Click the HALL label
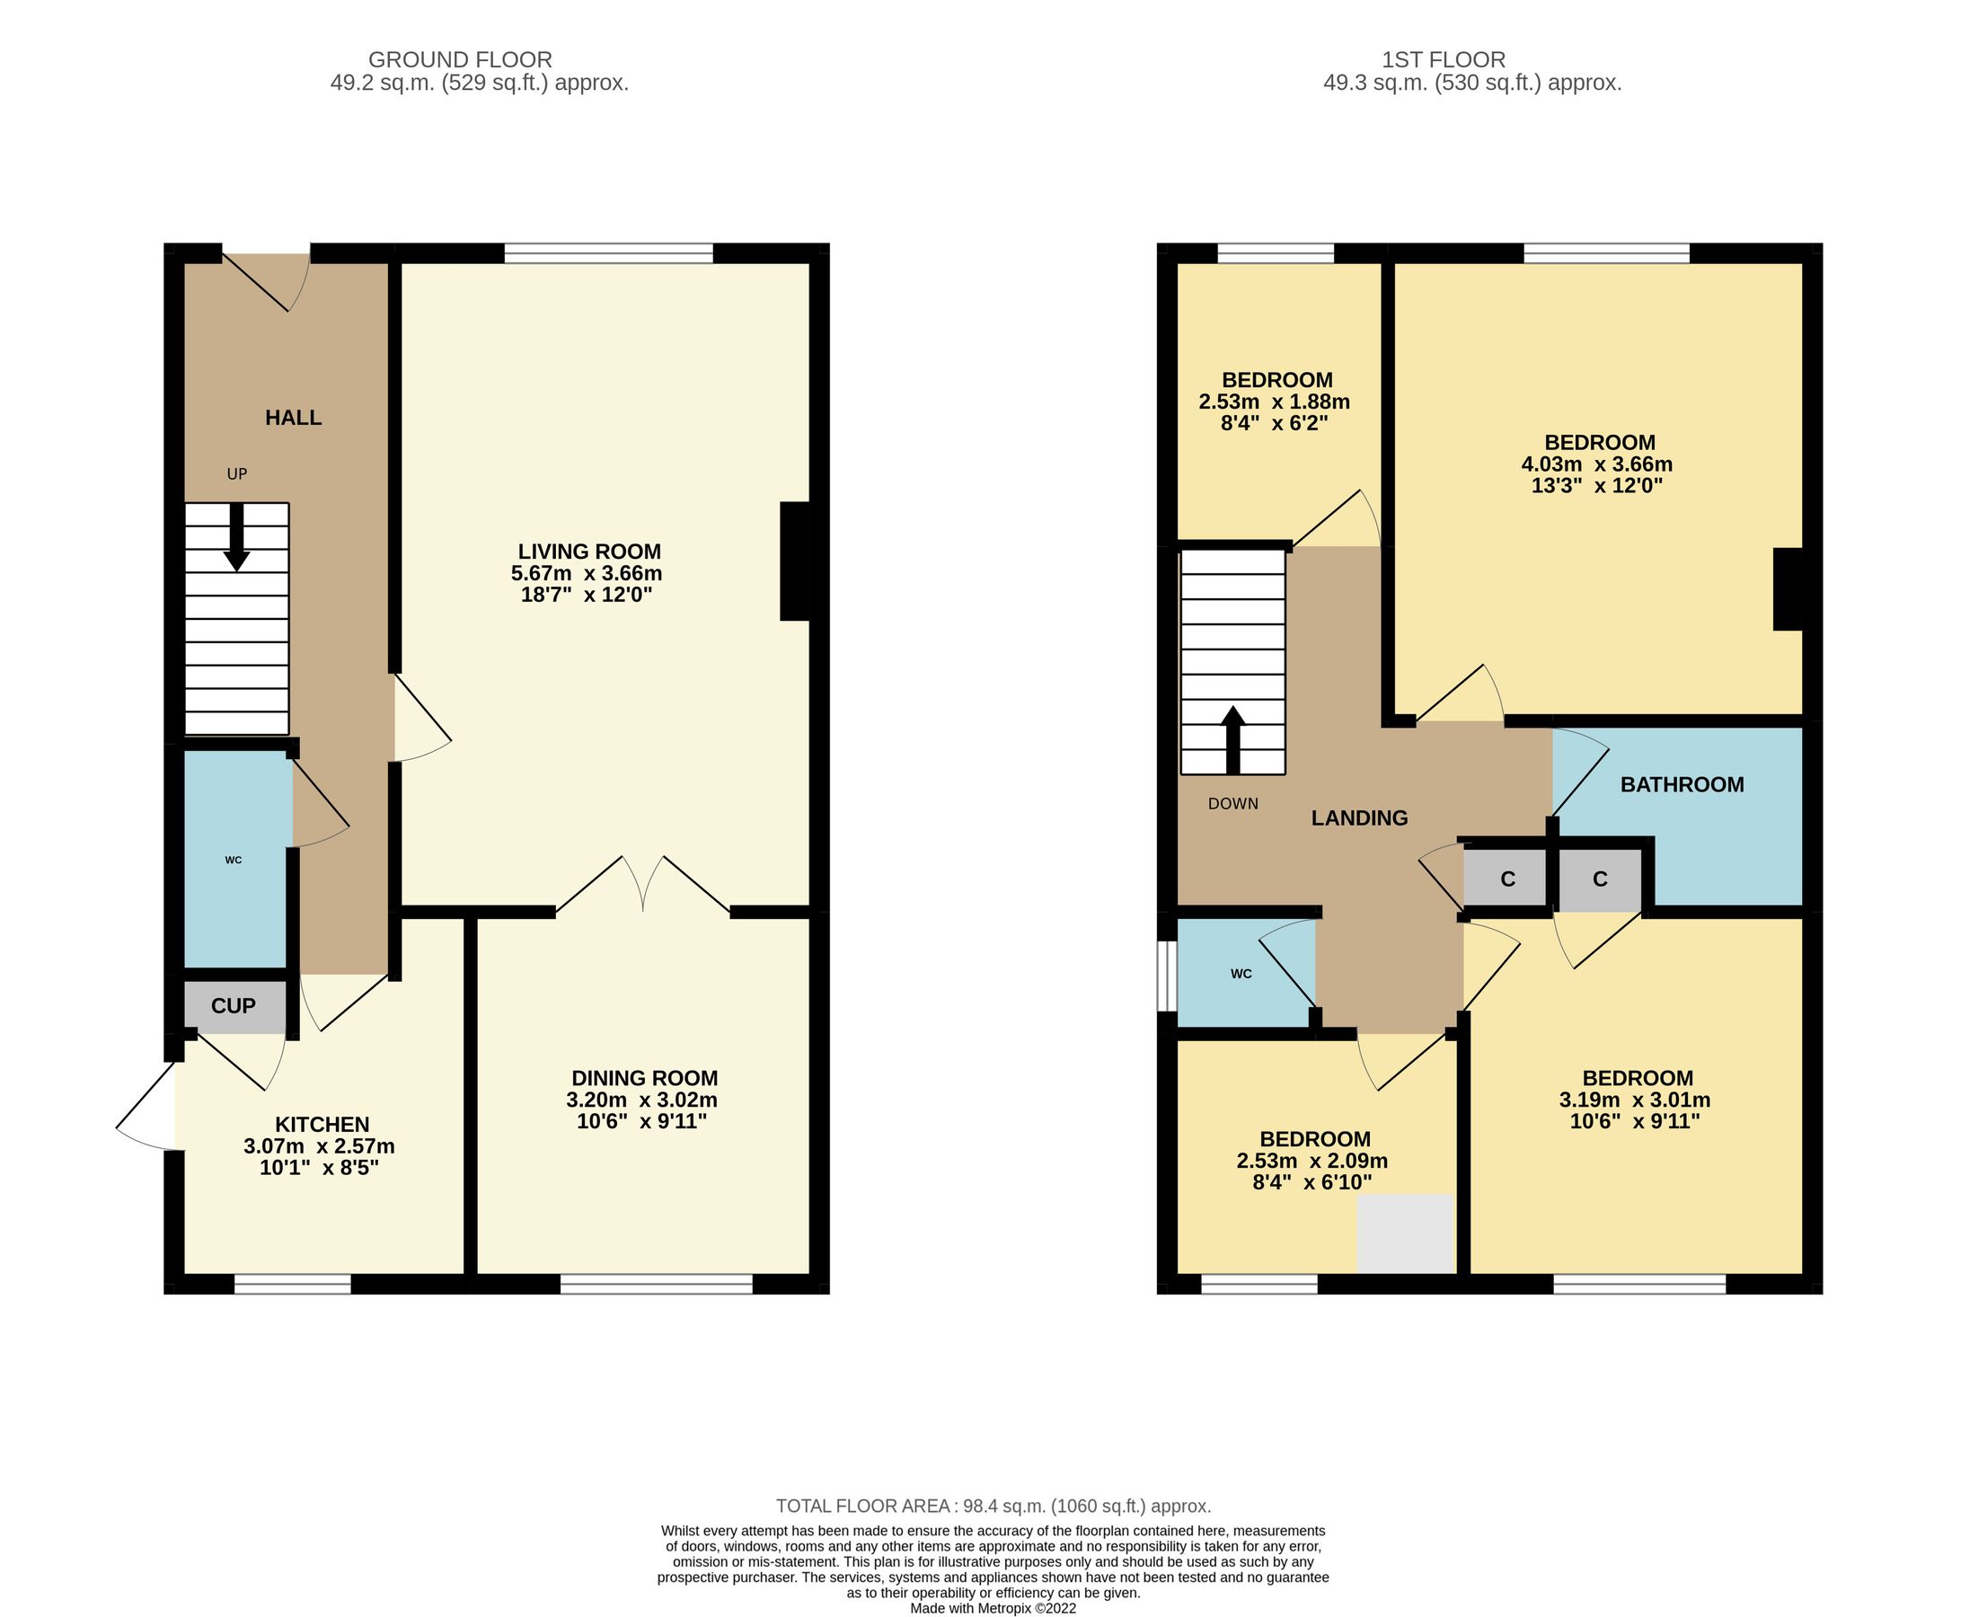pos(294,419)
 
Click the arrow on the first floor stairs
pos(1232,739)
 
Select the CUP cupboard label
pos(233,1006)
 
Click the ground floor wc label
pos(234,860)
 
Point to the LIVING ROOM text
pos(589,552)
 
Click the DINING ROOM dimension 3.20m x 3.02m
pos(642,1100)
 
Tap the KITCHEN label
pos(322,1124)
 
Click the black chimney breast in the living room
pos(794,561)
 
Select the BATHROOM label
pos(1682,785)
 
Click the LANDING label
pos(1359,818)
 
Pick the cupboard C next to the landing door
pos(1507,879)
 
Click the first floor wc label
pos(1241,975)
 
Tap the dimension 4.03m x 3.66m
pos(1596,464)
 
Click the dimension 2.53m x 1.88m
pos(1274,402)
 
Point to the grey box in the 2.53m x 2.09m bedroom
pos(1405,1233)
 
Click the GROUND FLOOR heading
pos(460,59)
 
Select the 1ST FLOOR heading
pos(1443,59)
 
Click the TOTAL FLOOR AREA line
pos(993,1507)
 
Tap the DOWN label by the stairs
pos(1232,804)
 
